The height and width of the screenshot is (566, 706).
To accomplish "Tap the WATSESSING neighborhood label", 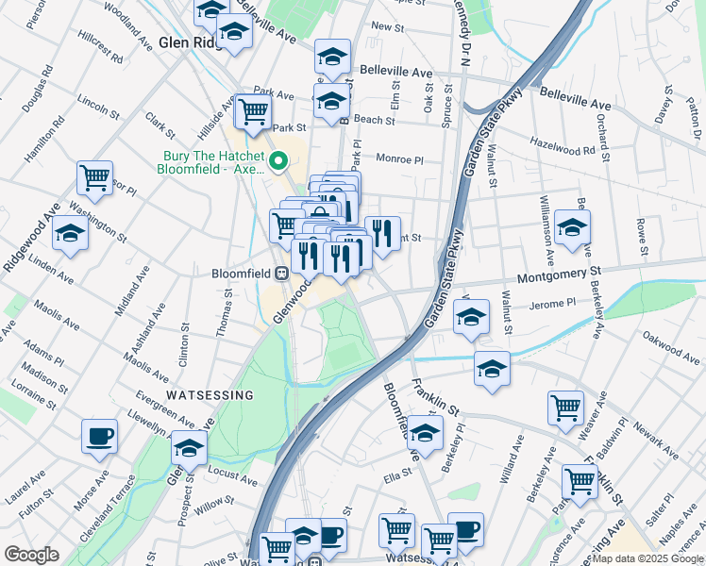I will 210,394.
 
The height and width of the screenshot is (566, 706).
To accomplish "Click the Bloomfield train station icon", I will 281,274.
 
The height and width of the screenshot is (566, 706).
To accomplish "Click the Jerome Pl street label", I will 553,303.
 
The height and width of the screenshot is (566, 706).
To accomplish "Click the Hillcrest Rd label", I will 101,51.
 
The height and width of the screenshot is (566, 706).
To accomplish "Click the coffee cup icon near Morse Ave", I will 99,437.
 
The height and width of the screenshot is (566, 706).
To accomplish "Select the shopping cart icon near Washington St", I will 94,176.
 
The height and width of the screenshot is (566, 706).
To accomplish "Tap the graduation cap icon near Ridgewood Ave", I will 70,232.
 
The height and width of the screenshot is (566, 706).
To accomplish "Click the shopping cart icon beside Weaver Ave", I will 565,408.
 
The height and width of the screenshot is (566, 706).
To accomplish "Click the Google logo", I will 31,555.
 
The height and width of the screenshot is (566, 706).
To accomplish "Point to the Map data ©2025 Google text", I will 647,558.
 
